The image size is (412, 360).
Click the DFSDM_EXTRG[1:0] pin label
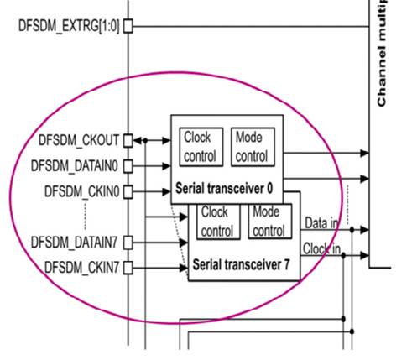coord(70,26)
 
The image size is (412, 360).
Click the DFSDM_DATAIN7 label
coord(77,242)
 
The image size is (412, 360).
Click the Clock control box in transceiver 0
coord(200,146)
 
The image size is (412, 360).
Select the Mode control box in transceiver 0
coord(251,146)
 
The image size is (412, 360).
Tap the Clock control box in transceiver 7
coord(217,222)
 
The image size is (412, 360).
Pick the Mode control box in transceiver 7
coord(268,222)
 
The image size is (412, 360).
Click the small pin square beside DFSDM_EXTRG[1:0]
coord(128,26)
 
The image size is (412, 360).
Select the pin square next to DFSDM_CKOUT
coord(128,140)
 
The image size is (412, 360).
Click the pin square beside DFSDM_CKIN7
coord(128,268)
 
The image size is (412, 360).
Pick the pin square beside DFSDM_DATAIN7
coord(128,242)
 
